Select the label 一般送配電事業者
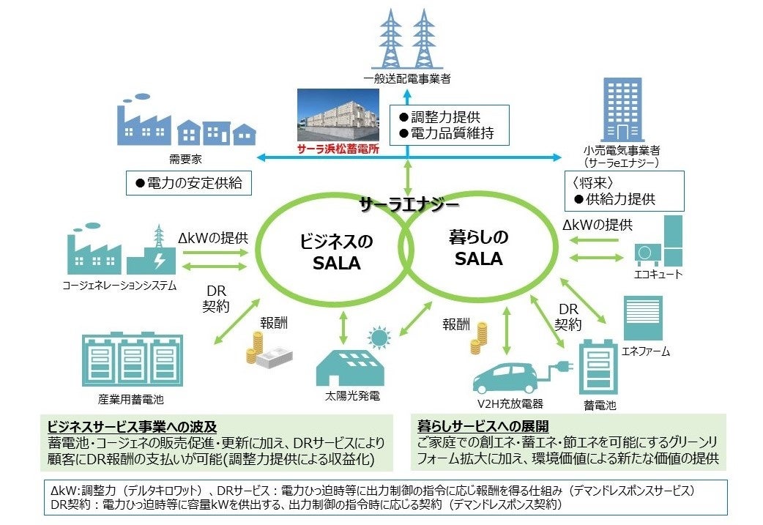(406, 77)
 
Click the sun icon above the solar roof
(379, 338)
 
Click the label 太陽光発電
(352, 397)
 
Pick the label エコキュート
(658, 274)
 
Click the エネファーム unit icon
(642, 318)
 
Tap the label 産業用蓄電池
(130, 400)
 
